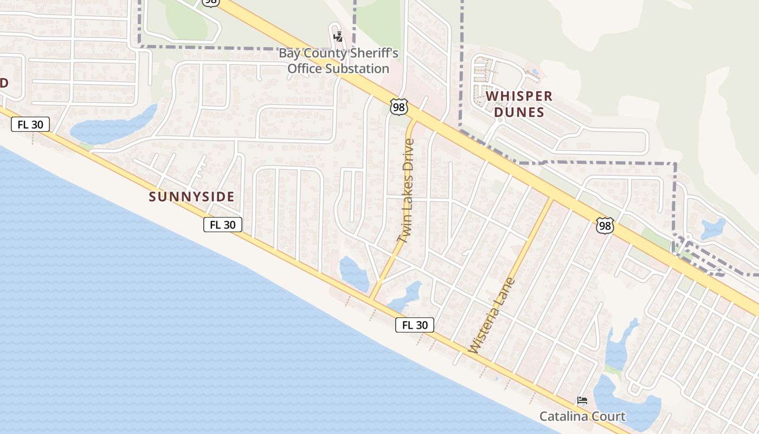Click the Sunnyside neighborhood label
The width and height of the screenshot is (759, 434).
tap(192, 196)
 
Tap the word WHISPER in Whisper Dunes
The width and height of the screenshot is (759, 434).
tap(519, 97)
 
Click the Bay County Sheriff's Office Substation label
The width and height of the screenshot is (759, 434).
tap(338, 61)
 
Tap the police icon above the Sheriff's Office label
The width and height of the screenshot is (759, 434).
tap(338, 37)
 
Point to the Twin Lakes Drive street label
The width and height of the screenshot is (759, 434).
tap(406, 190)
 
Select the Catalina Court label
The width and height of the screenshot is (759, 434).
tap(582, 416)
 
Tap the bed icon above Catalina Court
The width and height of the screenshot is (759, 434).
tap(582, 401)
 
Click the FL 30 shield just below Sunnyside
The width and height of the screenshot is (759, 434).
tap(222, 225)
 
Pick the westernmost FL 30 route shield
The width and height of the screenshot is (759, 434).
tap(30, 124)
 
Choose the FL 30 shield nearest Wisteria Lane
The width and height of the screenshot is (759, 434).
tap(415, 325)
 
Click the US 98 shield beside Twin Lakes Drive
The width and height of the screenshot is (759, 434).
tap(398, 107)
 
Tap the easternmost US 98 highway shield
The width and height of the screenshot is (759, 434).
tap(604, 226)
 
